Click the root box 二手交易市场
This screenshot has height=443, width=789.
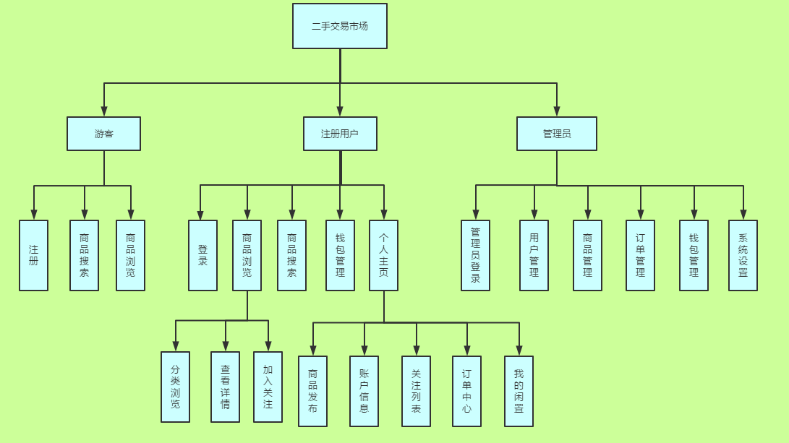click(339, 26)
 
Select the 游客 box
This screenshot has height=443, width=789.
click(103, 134)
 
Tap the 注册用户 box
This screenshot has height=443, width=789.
click(340, 134)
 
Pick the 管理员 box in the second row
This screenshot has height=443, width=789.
click(556, 134)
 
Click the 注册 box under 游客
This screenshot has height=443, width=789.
click(33, 255)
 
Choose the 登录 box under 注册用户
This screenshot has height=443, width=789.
click(202, 255)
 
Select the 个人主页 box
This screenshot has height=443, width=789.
click(383, 255)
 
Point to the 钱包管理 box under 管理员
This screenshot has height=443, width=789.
click(694, 255)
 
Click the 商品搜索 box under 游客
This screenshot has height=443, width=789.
click(84, 255)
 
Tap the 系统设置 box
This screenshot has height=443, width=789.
click(743, 255)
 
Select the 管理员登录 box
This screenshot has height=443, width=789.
click(475, 255)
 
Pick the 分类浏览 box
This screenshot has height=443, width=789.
click(175, 387)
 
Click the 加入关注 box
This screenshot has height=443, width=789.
click(268, 387)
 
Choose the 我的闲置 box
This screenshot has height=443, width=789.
click(519, 391)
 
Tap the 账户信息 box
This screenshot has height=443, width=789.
click(364, 391)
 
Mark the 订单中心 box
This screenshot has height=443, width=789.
click(466, 391)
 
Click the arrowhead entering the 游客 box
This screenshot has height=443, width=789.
click(104, 111)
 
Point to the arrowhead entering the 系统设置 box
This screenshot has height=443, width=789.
click(743, 215)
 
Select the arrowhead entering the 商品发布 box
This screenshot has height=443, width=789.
click(313, 350)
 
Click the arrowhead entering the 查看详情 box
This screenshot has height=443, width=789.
click(226, 346)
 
